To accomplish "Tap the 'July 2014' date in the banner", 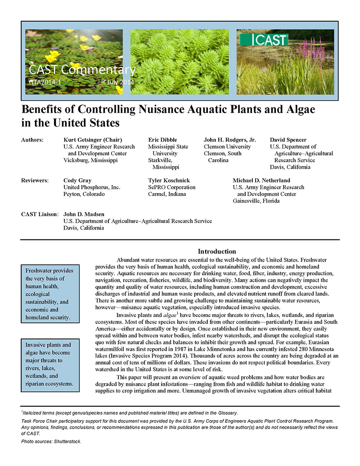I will click(x=120, y=82).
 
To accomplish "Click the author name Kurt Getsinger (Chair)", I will click(x=93, y=140).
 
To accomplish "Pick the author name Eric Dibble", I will click(x=162, y=140).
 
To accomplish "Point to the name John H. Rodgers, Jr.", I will click(x=230, y=140).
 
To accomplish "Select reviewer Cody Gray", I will click(x=77, y=181).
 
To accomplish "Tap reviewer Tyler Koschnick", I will click(x=169, y=181).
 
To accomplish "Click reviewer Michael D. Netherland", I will click(x=261, y=181).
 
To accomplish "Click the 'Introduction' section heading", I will click(x=217, y=251).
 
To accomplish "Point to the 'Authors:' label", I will click(x=32, y=140).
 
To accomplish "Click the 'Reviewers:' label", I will click(x=35, y=181).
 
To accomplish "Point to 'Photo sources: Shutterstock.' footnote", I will click(x=51, y=442).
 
